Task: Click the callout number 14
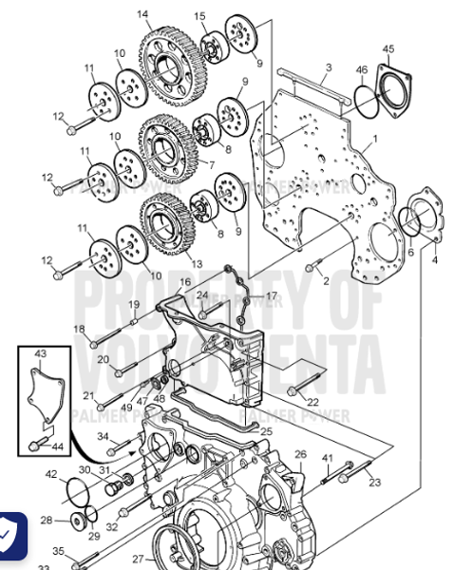coord(142,13)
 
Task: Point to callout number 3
coord(328,67)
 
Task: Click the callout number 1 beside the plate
coord(375,139)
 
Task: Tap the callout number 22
coord(313,403)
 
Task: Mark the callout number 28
coord(46,520)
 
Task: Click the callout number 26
coord(300,454)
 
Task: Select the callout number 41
coord(328,459)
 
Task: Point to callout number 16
coord(184,282)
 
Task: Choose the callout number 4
coord(436,258)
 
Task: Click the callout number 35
coord(58,551)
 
